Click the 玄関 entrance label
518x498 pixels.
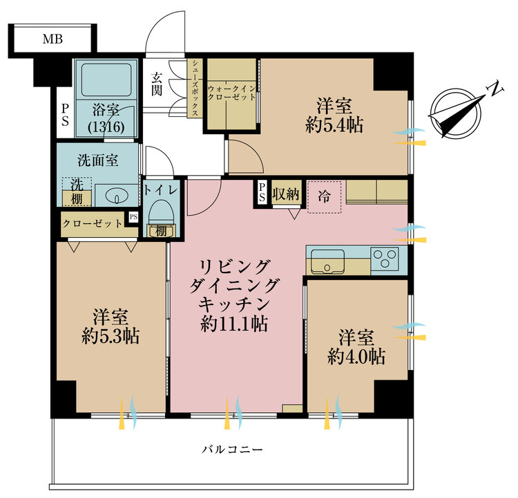(157, 84)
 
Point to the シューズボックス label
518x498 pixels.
(196, 89)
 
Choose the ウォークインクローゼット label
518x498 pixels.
(231, 93)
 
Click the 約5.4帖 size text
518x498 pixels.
(335, 124)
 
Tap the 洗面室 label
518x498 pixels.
(97, 160)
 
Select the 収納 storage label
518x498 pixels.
(285, 194)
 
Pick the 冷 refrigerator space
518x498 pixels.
(324, 196)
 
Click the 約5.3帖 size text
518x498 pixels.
(111, 336)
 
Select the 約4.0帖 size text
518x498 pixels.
(356, 357)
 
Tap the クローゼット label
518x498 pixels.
(93, 223)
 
